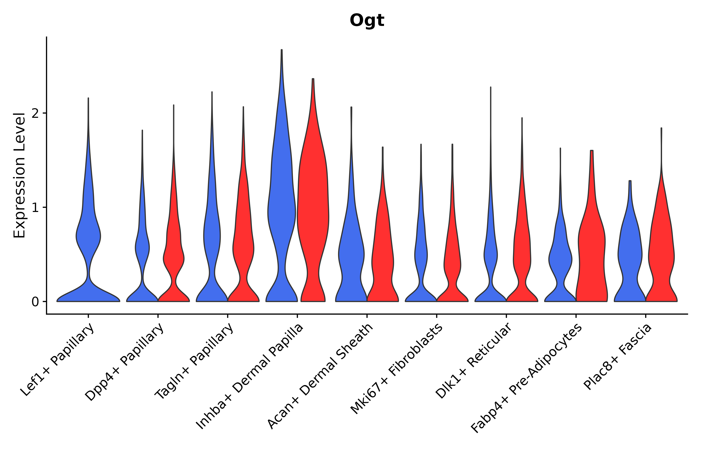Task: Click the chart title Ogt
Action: pyautogui.click(x=367, y=20)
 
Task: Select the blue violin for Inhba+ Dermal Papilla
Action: pyautogui.click(x=282, y=209)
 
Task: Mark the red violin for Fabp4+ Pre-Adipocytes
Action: pyautogui.click(x=592, y=253)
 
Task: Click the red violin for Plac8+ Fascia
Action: pyautogui.click(x=661, y=253)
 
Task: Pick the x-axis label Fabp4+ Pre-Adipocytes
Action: pyautogui.click(x=526, y=378)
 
